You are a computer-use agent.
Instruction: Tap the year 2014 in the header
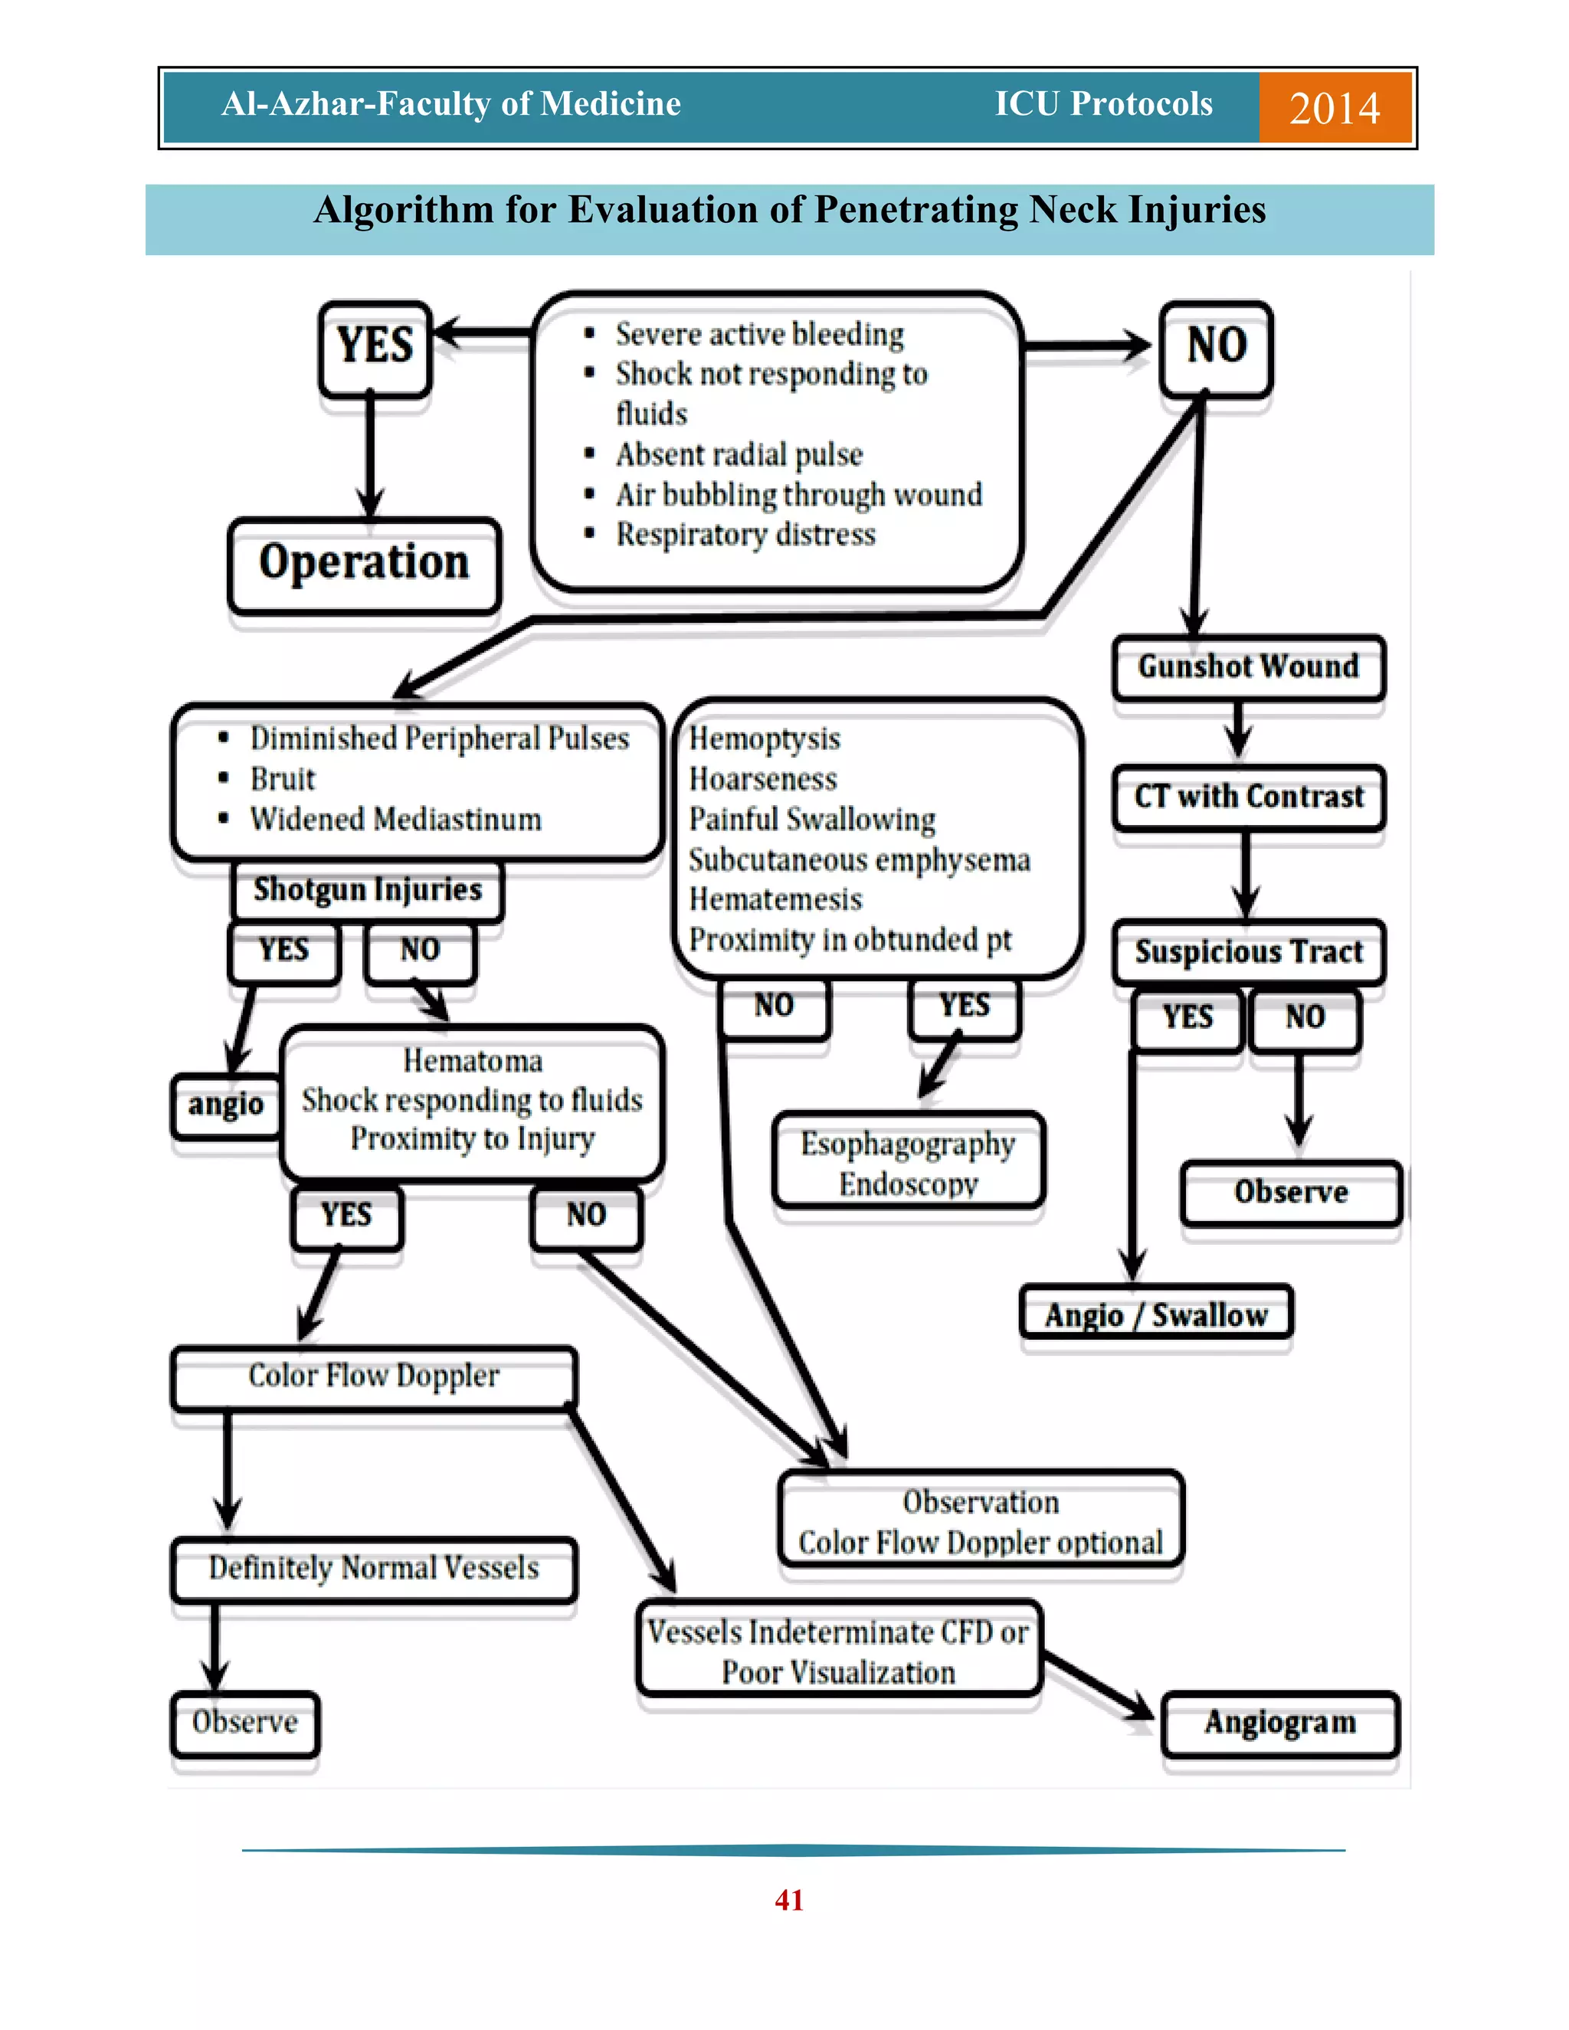(1334, 108)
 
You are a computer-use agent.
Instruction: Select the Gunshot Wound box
(1248, 667)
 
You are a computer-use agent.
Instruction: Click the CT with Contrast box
(1248, 797)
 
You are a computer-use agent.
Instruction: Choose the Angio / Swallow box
(1155, 1315)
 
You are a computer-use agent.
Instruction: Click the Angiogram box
(1280, 1722)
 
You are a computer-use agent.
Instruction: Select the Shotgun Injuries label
(367, 890)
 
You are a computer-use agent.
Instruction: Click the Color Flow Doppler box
(374, 1376)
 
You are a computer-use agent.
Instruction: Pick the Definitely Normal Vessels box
(374, 1568)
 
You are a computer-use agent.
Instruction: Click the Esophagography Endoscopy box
(908, 1162)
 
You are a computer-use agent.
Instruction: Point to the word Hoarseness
(762, 779)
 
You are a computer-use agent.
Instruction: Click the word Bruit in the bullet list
(283, 779)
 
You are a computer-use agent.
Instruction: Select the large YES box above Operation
(375, 347)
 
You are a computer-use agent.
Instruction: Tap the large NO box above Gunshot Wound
(1216, 347)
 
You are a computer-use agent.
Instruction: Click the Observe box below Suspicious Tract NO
(1290, 1192)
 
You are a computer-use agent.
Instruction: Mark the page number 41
(788, 1900)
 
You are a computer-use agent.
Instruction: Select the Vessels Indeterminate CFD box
(838, 1652)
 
